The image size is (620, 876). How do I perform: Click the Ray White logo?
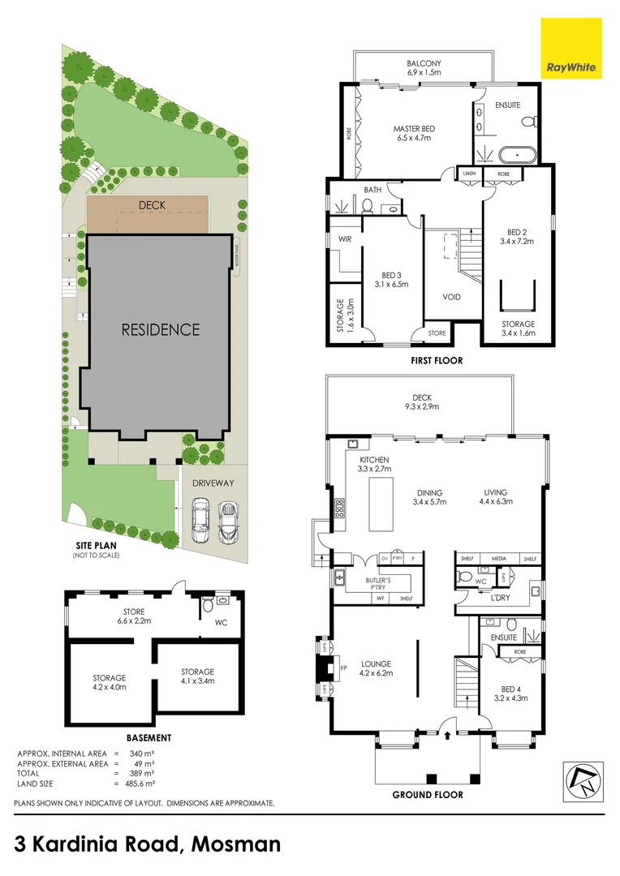click(571, 49)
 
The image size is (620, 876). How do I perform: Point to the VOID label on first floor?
click(452, 297)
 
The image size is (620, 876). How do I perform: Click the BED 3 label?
click(392, 279)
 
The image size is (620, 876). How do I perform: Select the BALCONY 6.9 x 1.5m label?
click(424, 67)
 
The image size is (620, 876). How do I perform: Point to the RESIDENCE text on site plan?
click(160, 329)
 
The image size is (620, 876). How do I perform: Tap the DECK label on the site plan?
click(152, 205)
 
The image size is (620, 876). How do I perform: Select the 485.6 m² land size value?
click(139, 784)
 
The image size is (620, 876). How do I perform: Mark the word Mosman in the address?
click(238, 844)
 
